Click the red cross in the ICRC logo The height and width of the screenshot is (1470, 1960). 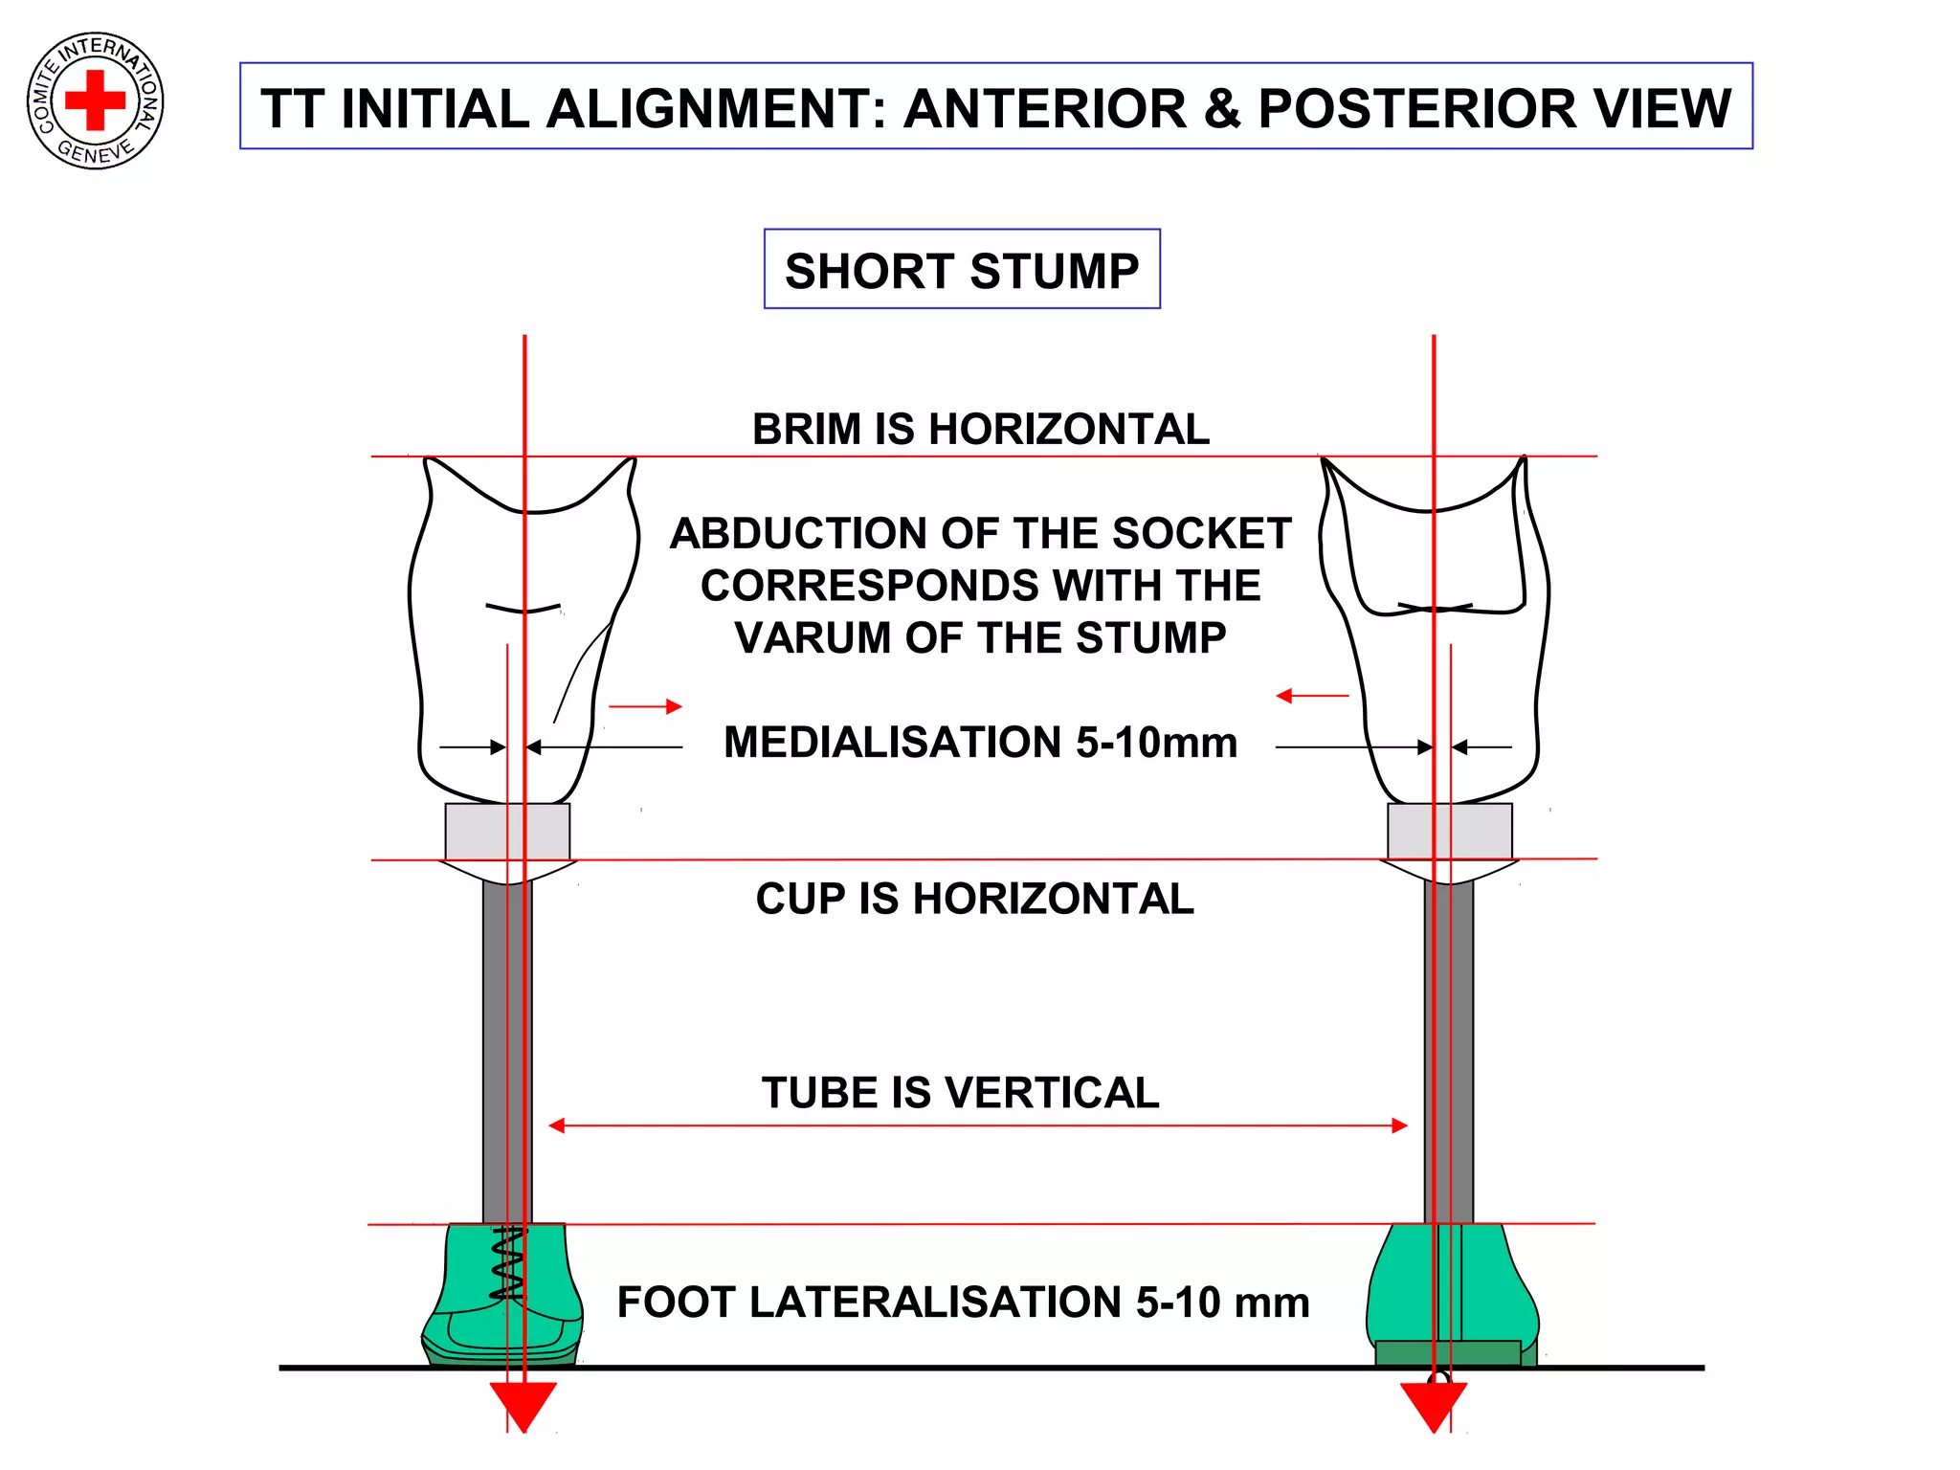click(95, 100)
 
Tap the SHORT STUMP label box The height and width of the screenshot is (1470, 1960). click(962, 270)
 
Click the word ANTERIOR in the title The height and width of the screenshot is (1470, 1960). click(1044, 108)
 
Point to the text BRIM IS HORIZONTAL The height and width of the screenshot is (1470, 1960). click(980, 429)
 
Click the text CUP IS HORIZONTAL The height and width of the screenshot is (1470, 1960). click(974, 899)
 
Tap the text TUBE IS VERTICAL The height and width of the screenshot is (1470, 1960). click(960, 1092)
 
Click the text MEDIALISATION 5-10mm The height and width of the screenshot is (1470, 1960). click(980, 742)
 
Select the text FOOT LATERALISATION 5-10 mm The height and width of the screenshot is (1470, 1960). click(963, 1302)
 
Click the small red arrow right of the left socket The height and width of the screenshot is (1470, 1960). click(645, 706)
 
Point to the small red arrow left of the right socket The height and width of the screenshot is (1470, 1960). click(1312, 696)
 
